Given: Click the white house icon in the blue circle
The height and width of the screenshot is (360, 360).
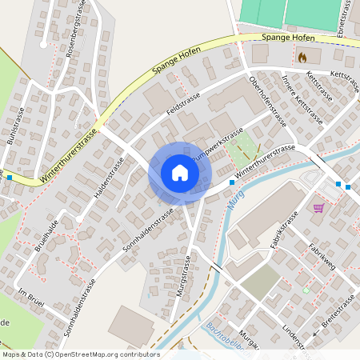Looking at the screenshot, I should click(179, 173).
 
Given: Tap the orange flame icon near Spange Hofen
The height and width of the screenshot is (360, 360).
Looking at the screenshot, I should click(302, 58).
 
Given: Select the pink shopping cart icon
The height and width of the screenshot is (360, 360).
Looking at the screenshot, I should click(318, 208).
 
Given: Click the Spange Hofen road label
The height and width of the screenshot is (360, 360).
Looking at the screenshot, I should click(286, 38).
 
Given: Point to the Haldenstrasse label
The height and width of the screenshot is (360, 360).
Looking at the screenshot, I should click(108, 181).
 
